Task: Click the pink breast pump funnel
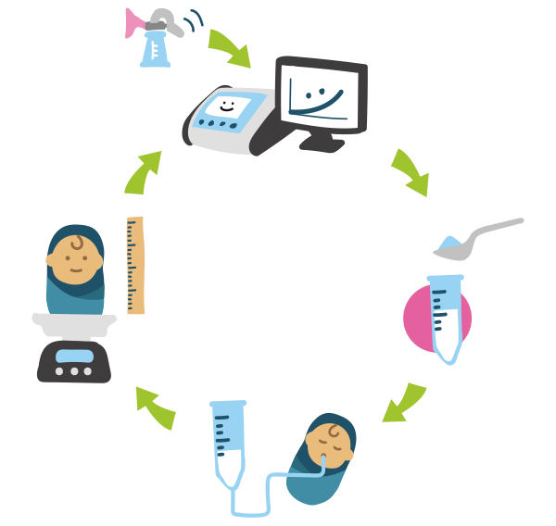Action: click(135, 25)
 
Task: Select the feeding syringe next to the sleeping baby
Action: click(227, 439)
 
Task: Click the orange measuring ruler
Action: click(136, 264)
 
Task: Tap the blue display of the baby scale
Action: click(74, 353)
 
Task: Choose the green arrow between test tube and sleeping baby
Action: click(402, 404)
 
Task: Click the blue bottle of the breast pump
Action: click(154, 52)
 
